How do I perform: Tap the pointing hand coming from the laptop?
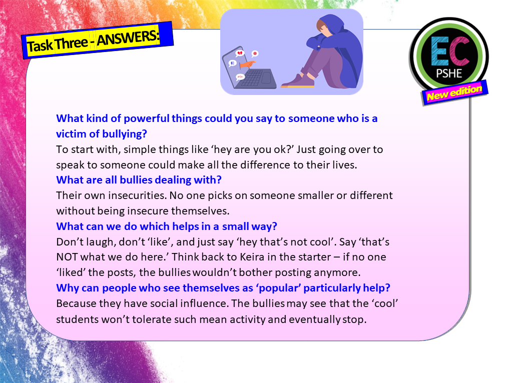pyautogui.click(x=247, y=64)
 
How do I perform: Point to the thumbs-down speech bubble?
pyautogui.click(x=232, y=63)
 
